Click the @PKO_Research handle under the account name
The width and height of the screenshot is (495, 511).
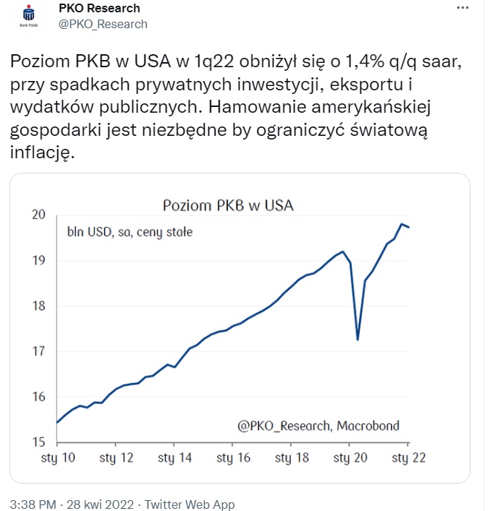click(102, 24)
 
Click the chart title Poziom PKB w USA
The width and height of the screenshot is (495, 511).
click(228, 205)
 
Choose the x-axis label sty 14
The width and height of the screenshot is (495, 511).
click(174, 458)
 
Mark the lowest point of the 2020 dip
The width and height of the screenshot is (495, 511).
click(357, 340)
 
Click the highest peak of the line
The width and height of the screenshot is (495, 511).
click(401, 224)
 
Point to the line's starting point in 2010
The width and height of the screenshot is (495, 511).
click(56, 422)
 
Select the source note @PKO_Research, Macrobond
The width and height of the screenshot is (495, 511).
click(318, 426)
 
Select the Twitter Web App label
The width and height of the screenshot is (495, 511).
click(190, 504)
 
